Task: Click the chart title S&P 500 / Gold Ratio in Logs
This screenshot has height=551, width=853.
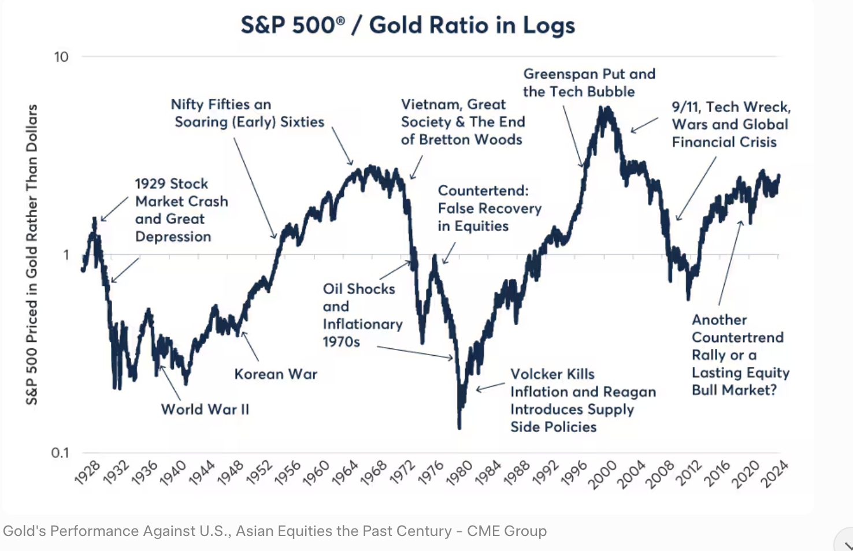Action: (x=408, y=25)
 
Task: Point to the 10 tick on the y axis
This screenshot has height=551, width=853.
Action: (x=61, y=57)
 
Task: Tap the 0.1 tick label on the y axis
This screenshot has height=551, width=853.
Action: (x=60, y=452)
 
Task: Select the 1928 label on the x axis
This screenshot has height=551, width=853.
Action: (x=88, y=472)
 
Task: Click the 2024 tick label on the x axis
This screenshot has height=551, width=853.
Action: (x=774, y=474)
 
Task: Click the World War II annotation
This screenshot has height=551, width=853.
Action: (x=205, y=409)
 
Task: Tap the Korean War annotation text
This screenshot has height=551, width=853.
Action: (x=276, y=374)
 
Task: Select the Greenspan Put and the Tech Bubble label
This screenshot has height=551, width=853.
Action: (x=589, y=83)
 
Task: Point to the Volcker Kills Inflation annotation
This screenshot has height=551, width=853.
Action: (x=583, y=400)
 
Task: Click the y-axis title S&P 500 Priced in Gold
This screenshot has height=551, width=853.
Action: (x=32, y=254)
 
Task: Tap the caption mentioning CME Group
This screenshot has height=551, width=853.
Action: (x=275, y=531)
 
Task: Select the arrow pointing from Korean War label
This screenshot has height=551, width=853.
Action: (x=250, y=346)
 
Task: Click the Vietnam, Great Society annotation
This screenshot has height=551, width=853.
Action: (x=462, y=122)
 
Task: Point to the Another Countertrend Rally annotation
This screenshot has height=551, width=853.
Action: (x=740, y=355)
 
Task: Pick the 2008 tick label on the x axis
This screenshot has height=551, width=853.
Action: (x=659, y=474)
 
